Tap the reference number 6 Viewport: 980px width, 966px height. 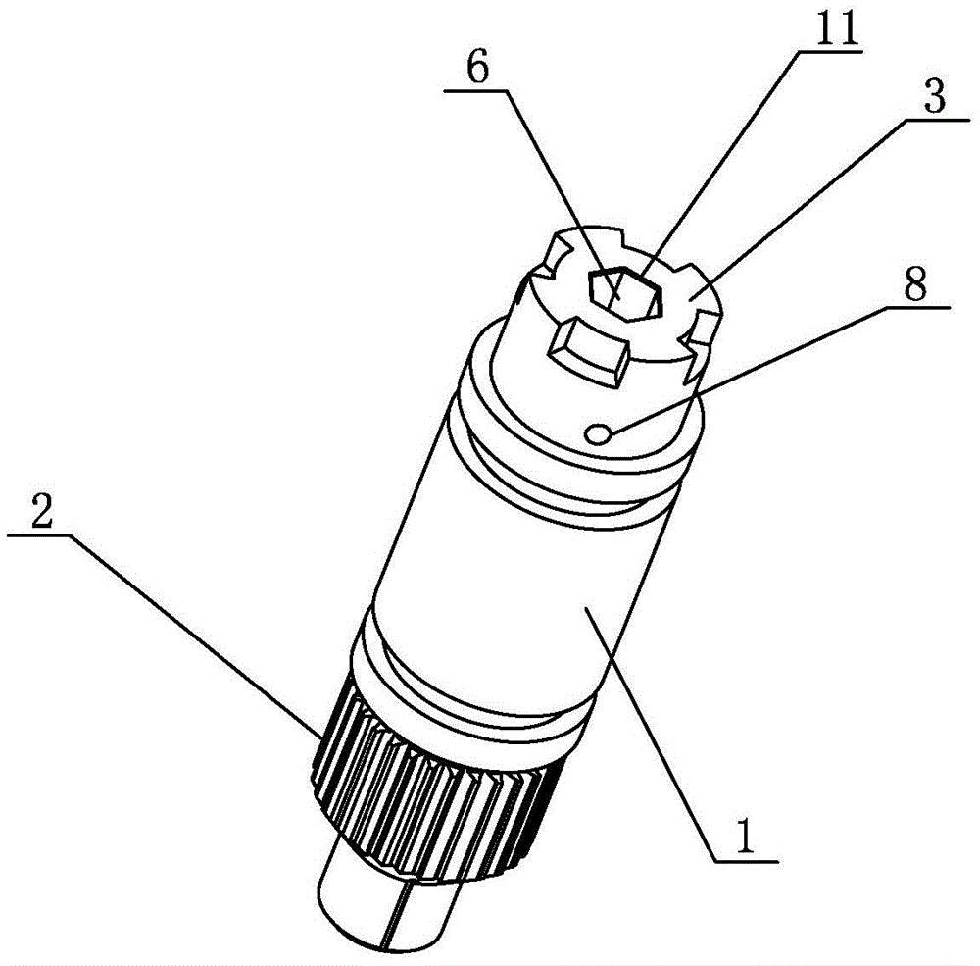[477, 67]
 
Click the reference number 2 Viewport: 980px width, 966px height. [39, 509]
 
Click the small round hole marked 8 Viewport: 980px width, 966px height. [598, 432]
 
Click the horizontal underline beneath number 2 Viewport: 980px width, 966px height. [36, 535]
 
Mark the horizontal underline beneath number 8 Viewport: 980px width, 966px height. [914, 308]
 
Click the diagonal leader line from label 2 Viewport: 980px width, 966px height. [196, 636]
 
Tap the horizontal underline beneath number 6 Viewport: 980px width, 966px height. [475, 92]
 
